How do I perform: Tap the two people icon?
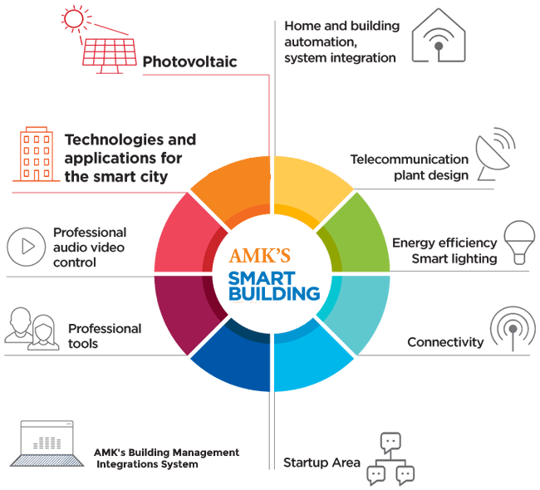32,328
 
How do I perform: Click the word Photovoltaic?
189,62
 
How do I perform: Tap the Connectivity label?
445,342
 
